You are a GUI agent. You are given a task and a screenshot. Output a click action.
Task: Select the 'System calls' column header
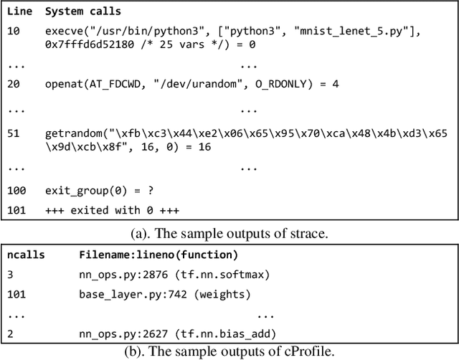point(82,11)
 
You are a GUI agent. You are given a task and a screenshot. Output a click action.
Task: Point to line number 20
point(15,84)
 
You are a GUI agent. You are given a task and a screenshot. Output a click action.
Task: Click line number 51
point(14,133)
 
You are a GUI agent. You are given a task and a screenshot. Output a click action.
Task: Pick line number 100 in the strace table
point(17,191)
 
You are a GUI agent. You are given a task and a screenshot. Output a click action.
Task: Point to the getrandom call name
point(72,133)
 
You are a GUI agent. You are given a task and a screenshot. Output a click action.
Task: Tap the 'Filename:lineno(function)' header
point(158,255)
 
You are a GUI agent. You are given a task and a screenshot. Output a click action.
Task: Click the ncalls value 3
point(11,274)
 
